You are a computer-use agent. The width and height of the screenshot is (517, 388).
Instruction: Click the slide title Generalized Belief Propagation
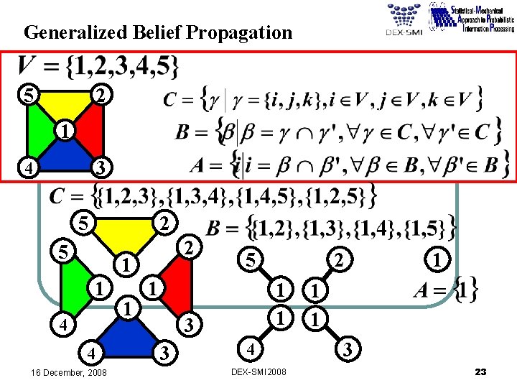(x=158, y=33)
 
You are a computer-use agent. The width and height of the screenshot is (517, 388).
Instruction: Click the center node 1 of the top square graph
(x=63, y=131)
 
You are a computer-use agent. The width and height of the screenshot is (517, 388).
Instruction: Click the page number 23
(x=481, y=371)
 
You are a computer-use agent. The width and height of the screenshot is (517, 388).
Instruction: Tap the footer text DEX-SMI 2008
(x=258, y=372)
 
